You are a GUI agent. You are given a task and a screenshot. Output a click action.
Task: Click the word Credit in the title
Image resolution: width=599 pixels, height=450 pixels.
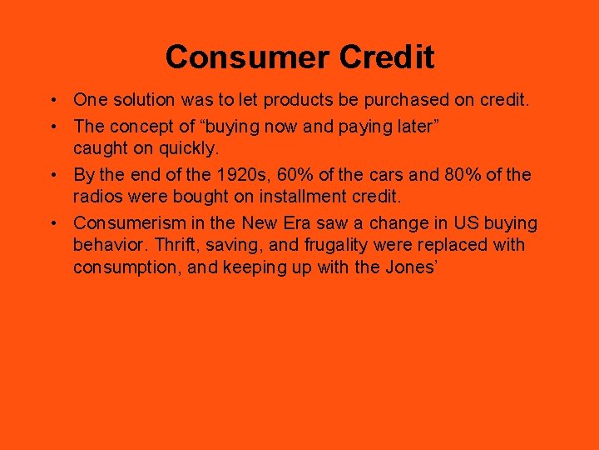pos(385,57)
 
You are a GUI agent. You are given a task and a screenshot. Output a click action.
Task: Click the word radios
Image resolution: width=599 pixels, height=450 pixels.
pos(97,197)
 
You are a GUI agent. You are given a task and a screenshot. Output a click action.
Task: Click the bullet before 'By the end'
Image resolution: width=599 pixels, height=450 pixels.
pos(52,175)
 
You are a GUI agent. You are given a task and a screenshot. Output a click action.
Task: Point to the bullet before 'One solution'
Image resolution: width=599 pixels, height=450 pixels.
pos(52,100)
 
